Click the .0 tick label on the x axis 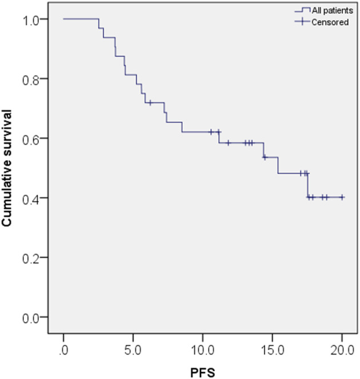pyautogui.click(x=63, y=350)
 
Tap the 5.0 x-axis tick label pyautogui.click(x=133, y=350)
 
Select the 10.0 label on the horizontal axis pyautogui.click(x=202, y=350)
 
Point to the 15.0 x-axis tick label pyautogui.click(x=273, y=350)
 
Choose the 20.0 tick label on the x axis pyautogui.click(x=342, y=350)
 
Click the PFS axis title pyautogui.click(x=202, y=373)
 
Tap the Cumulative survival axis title pyautogui.click(x=7, y=168)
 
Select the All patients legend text pyautogui.click(x=333, y=10)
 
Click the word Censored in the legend pyautogui.click(x=330, y=22)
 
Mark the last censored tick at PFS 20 pyautogui.click(x=342, y=197)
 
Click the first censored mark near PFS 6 pyautogui.click(x=150, y=103)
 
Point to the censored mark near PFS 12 pyautogui.click(x=228, y=142)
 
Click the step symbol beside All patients pyautogui.click(x=302, y=10)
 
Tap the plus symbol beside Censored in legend pyautogui.click(x=302, y=22)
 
